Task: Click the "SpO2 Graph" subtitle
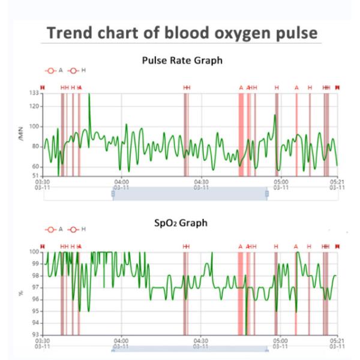pyautogui.click(x=181, y=223)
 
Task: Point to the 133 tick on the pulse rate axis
pyautogui.click(x=35, y=94)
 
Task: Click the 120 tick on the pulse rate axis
pyautogui.click(x=35, y=106)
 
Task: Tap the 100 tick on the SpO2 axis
pyautogui.click(x=35, y=252)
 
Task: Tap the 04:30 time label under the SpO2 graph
pyautogui.click(x=201, y=340)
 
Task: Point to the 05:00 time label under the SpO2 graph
pyautogui.click(x=281, y=340)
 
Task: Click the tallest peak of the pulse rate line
pyautogui.click(x=89, y=94)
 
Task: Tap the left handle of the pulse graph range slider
pyautogui.click(x=113, y=193)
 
